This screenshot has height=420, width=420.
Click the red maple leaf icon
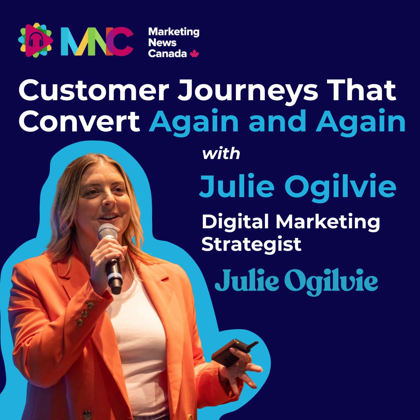coord(194,54)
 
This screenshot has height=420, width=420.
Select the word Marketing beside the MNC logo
coord(174,32)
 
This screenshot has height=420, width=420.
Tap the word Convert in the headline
coord(79,121)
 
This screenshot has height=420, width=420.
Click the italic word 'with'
coord(221,154)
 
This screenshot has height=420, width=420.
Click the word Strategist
coord(251,244)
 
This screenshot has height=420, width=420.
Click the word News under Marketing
coord(162,43)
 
